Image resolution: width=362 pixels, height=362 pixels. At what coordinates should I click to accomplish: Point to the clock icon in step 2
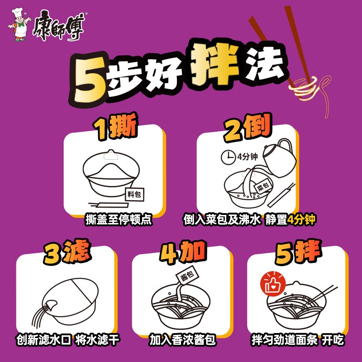(x=228, y=157)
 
